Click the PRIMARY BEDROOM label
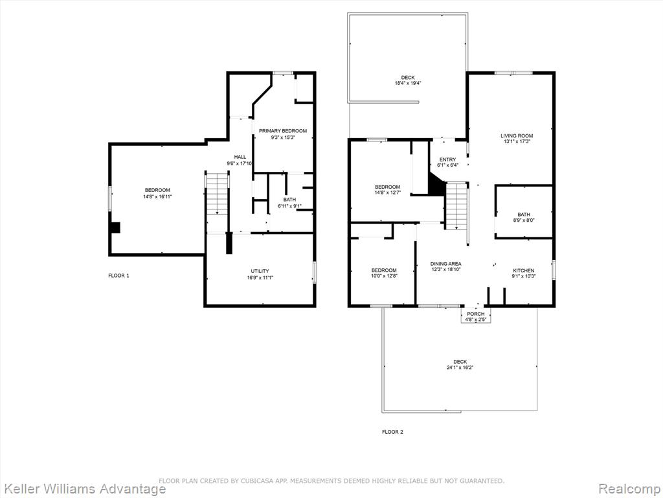[283, 131]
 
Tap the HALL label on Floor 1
[240, 157]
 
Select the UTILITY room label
[260, 271]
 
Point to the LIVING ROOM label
[517, 136]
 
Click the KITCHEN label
[523, 270]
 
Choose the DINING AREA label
[445, 264]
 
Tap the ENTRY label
[448, 160]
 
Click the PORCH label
[476, 314]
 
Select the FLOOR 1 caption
[119, 276]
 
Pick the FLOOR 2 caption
[392, 432]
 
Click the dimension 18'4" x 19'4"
[408, 84]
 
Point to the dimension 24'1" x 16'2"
[460, 368]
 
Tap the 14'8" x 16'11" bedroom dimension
[158, 196]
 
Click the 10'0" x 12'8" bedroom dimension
[384, 276]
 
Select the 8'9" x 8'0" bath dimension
[523, 220]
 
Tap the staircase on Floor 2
[456, 206]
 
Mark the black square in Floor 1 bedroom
[115, 228]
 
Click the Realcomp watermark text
[629, 489]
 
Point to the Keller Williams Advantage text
[83, 489]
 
